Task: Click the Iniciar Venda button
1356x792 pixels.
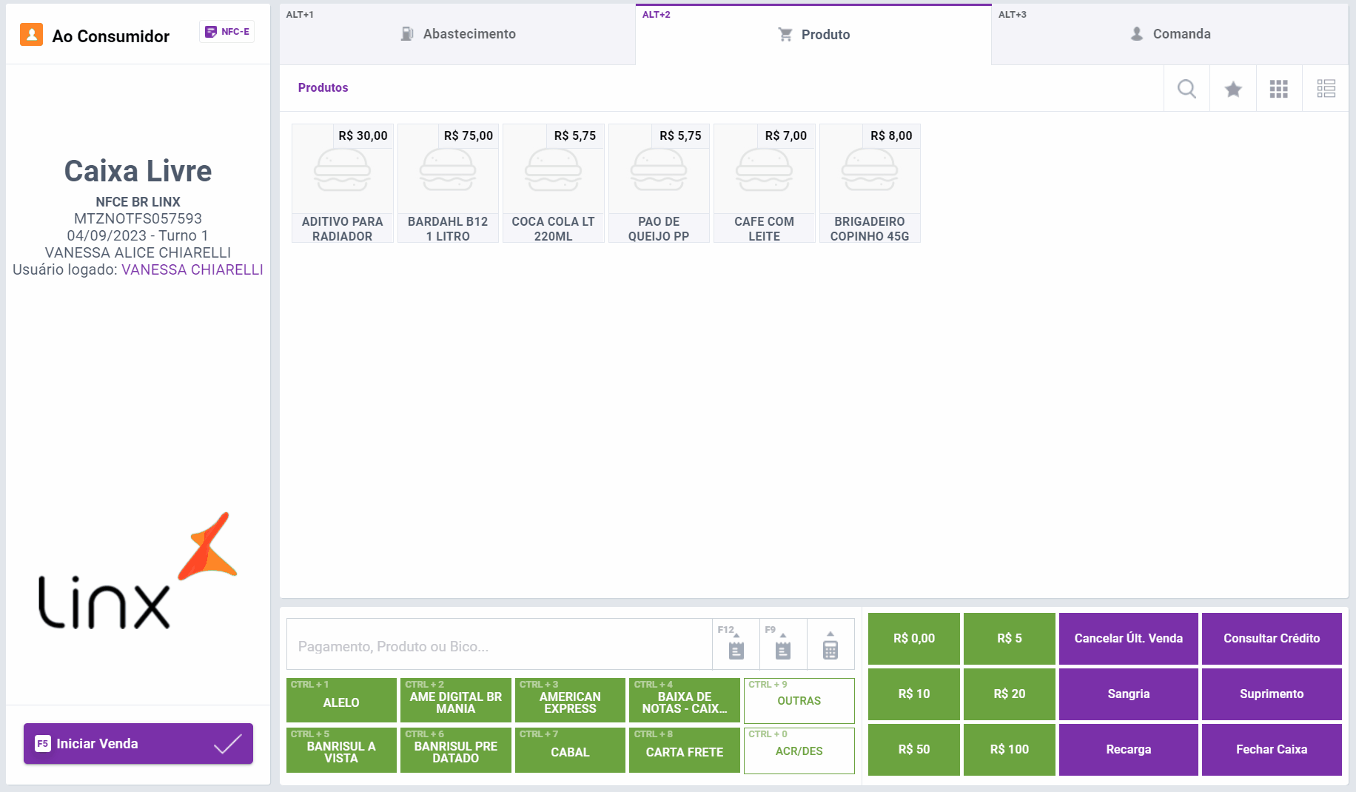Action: pyautogui.click(x=138, y=743)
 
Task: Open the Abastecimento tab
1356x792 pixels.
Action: pyautogui.click(x=457, y=34)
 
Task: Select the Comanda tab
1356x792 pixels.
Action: pyautogui.click(x=1169, y=34)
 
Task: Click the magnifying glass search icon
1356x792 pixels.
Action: pyautogui.click(x=1186, y=89)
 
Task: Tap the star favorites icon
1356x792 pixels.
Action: pyautogui.click(x=1233, y=89)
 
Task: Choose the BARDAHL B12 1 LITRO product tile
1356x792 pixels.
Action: pyautogui.click(x=448, y=183)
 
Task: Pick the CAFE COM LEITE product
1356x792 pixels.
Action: pyautogui.click(x=764, y=183)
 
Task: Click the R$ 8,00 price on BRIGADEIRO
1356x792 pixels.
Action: pyautogui.click(x=891, y=135)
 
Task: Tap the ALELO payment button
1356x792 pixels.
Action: pyautogui.click(x=341, y=700)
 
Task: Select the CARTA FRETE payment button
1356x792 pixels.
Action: pyautogui.click(x=684, y=751)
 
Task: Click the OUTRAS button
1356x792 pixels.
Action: pyautogui.click(x=799, y=700)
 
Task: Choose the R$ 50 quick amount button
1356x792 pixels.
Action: pyautogui.click(x=913, y=749)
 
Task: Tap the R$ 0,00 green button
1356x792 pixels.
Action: pyautogui.click(x=913, y=638)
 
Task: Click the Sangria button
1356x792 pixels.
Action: pyautogui.click(x=1128, y=694)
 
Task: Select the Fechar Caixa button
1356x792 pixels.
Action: pyautogui.click(x=1271, y=749)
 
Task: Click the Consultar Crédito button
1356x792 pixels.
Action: pyautogui.click(x=1271, y=638)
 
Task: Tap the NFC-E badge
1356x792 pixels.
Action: pyautogui.click(x=227, y=32)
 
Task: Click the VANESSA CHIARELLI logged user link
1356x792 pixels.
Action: pyautogui.click(x=192, y=269)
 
